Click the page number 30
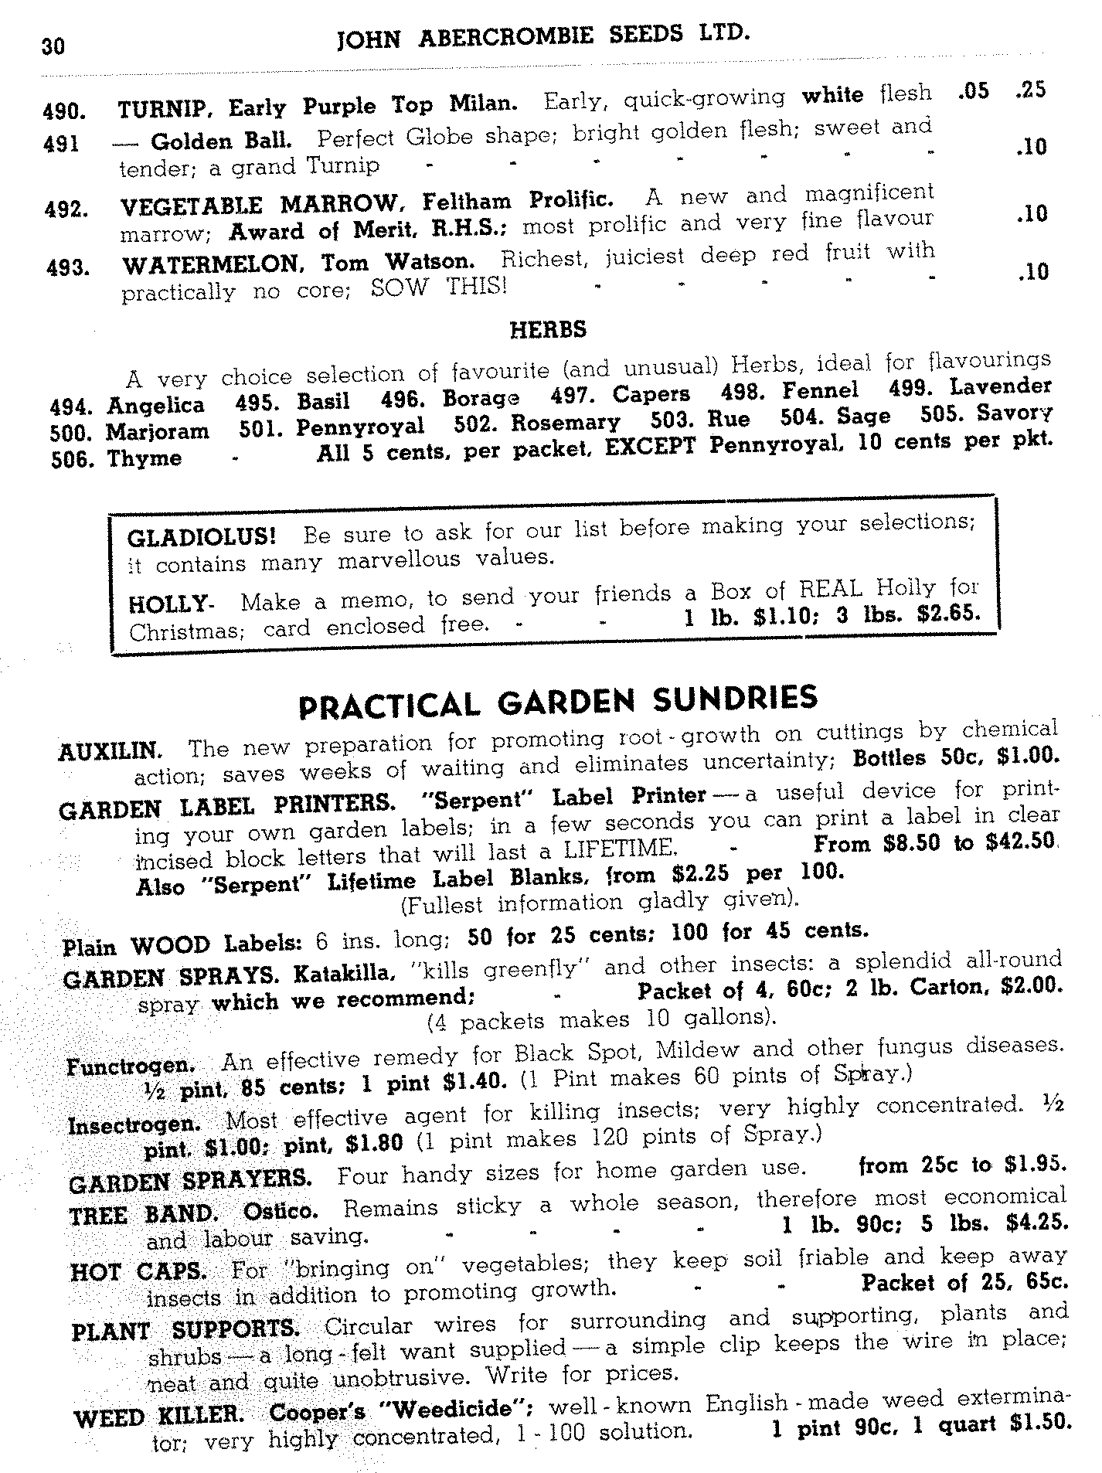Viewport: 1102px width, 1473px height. click(x=53, y=46)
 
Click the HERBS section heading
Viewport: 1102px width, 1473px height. click(x=548, y=330)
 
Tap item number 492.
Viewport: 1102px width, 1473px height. click(x=65, y=209)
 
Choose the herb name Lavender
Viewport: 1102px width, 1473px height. click(x=1001, y=386)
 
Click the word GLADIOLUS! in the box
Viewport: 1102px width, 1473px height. click(x=202, y=536)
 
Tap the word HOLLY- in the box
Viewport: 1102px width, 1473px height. click(x=170, y=604)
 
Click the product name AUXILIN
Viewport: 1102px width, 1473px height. click(x=110, y=751)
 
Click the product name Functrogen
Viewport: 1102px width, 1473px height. click(x=131, y=1066)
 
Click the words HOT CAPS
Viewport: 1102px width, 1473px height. click(x=138, y=1271)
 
